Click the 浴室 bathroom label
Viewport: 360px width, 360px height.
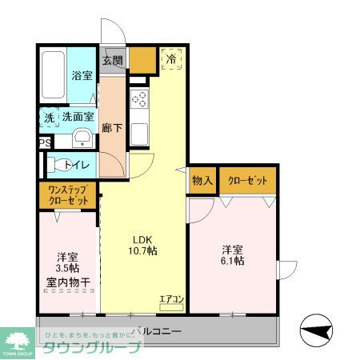(x=82, y=75)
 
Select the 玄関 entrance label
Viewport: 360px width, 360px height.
(x=113, y=59)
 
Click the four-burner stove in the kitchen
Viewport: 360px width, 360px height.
(x=139, y=100)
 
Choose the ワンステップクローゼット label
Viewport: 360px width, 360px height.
(x=66, y=194)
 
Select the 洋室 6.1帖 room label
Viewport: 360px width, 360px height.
(x=232, y=254)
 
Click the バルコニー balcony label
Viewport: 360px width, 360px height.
(x=158, y=330)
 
